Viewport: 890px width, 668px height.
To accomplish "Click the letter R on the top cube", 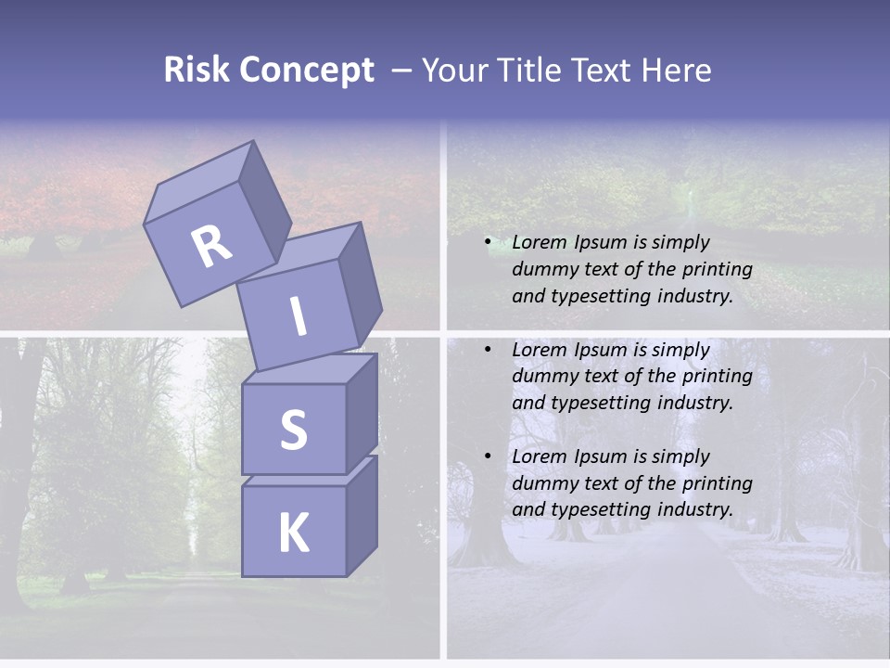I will pos(211,246).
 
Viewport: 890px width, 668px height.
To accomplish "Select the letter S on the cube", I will pos(293,430).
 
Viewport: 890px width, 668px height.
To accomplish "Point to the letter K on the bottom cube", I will pos(293,533).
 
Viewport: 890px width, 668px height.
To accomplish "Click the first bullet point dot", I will pos(487,243).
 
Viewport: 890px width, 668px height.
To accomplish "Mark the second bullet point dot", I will pos(487,350).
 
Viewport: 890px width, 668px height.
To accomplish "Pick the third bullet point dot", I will pos(487,456).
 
